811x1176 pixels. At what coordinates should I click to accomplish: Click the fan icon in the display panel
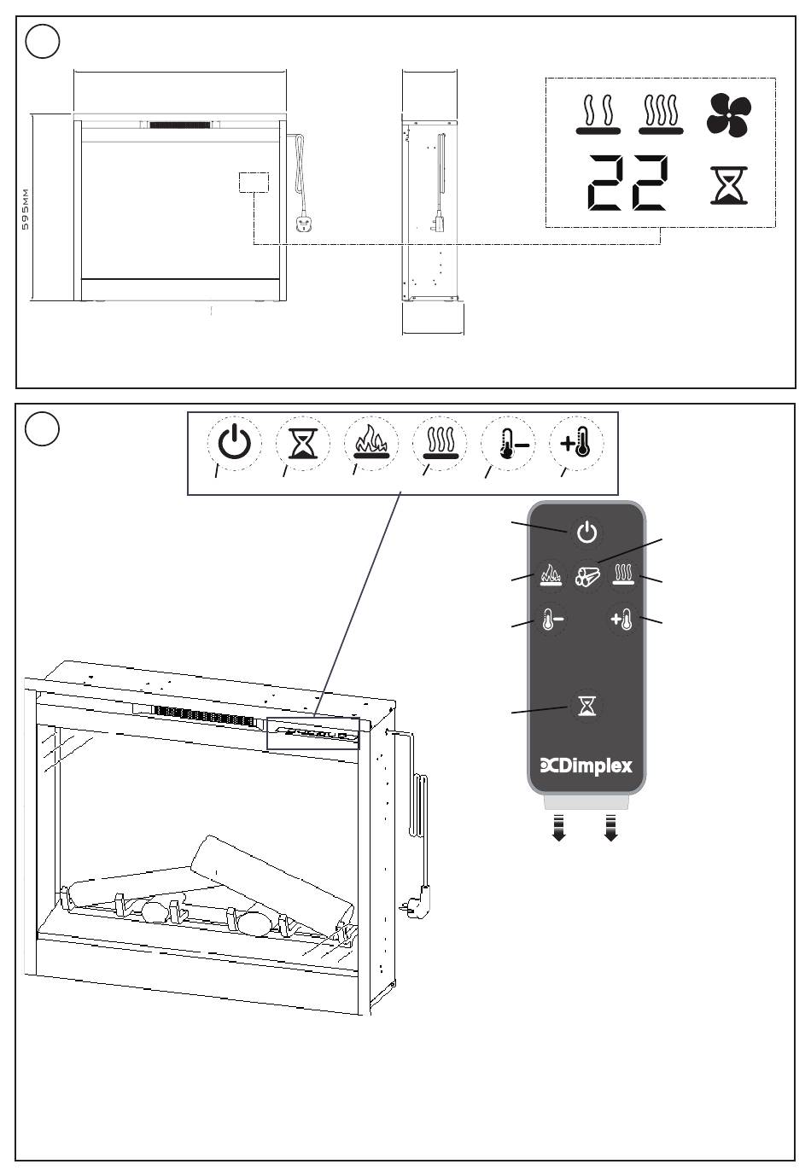tap(729, 115)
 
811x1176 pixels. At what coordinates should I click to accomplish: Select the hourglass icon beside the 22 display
tap(730, 185)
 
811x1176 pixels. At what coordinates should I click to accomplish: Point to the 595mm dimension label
tap(25, 209)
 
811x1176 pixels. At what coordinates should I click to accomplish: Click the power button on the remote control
tap(586, 533)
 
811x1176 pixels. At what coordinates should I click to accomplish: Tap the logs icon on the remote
tap(587, 576)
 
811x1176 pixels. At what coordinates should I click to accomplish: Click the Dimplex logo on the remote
tap(586, 766)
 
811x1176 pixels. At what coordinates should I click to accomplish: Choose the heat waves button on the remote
tap(624, 574)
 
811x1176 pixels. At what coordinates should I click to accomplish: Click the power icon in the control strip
tap(235, 443)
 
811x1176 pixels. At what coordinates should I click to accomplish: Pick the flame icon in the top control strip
tap(370, 443)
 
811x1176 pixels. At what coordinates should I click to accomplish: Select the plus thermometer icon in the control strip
tap(575, 443)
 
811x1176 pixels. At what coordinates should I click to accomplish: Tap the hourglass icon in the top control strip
tap(302, 443)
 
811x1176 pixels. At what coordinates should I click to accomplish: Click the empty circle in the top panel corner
tap(43, 42)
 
